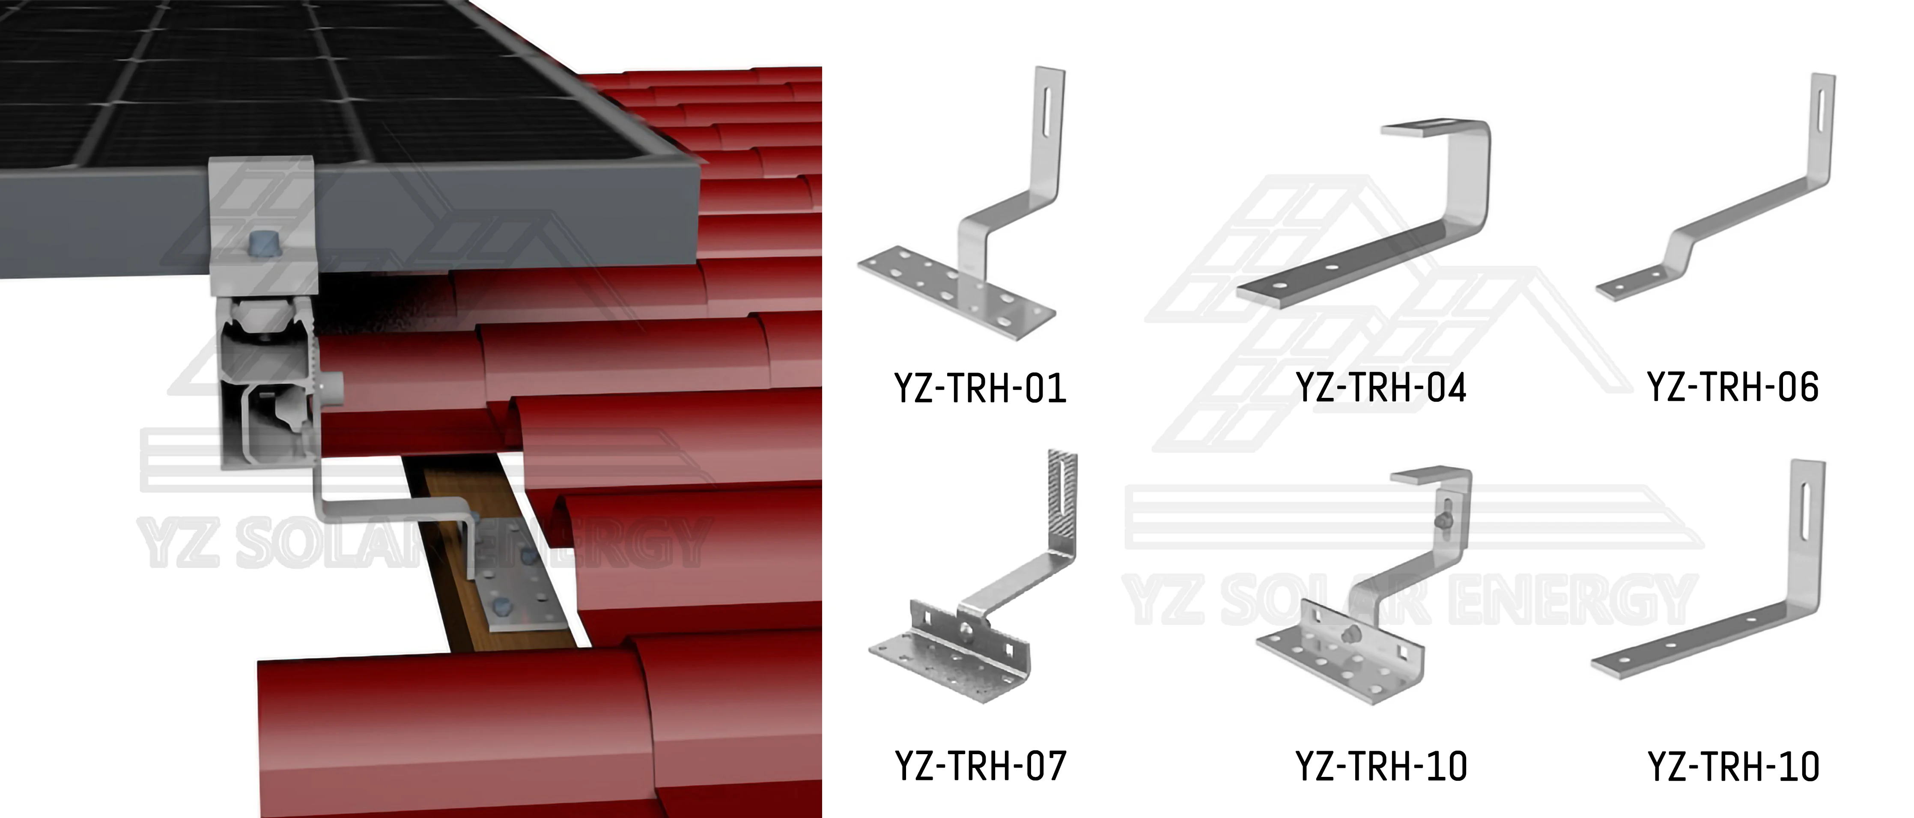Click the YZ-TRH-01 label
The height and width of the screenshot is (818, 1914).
click(980, 388)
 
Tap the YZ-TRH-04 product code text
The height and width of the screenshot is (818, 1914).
click(1380, 388)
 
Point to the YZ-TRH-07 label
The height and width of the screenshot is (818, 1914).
click(981, 766)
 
